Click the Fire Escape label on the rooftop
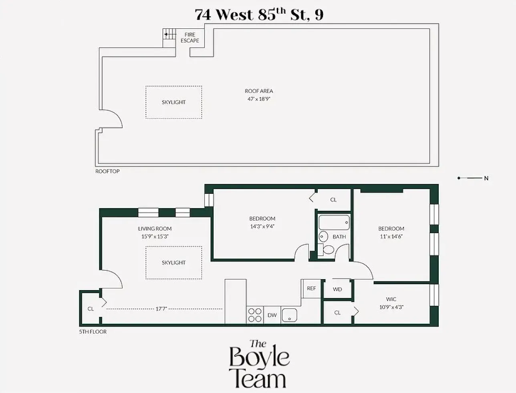pyautogui.click(x=189, y=38)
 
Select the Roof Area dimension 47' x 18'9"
pyautogui.click(x=259, y=98)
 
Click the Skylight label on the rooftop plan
pyautogui.click(x=173, y=102)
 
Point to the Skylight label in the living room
pyautogui.click(x=173, y=263)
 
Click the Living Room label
pyautogui.click(x=155, y=229)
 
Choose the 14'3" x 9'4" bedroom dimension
pyautogui.click(x=262, y=226)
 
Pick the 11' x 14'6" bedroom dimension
pyautogui.click(x=391, y=236)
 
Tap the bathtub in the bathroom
pyautogui.click(x=334, y=223)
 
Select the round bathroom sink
pyautogui.click(x=324, y=237)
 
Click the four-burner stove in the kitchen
pyautogui.click(x=255, y=315)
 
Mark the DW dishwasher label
pyautogui.click(x=272, y=315)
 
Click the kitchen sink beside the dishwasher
pyautogui.click(x=289, y=315)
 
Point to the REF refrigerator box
pyautogui.click(x=311, y=288)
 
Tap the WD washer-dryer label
pyautogui.click(x=337, y=289)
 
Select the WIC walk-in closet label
pyautogui.click(x=391, y=299)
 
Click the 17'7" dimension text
pyautogui.click(x=161, y=309)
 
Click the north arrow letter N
pyautogui.click(x=486, y=178)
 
